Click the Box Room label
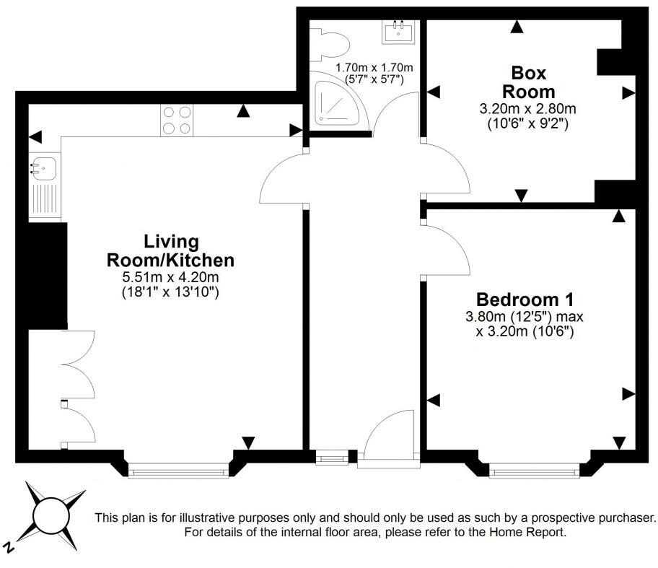click(528, 82)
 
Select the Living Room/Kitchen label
click(170, 250)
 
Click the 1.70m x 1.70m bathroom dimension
click(369, 69)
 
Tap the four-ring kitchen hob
click(177, 121)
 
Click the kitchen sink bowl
click(43, 168)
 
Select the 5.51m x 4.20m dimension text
click(170, 276)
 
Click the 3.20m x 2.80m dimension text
click(528, 109)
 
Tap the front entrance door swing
click(388, 436)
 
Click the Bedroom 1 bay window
click(534, 471)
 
